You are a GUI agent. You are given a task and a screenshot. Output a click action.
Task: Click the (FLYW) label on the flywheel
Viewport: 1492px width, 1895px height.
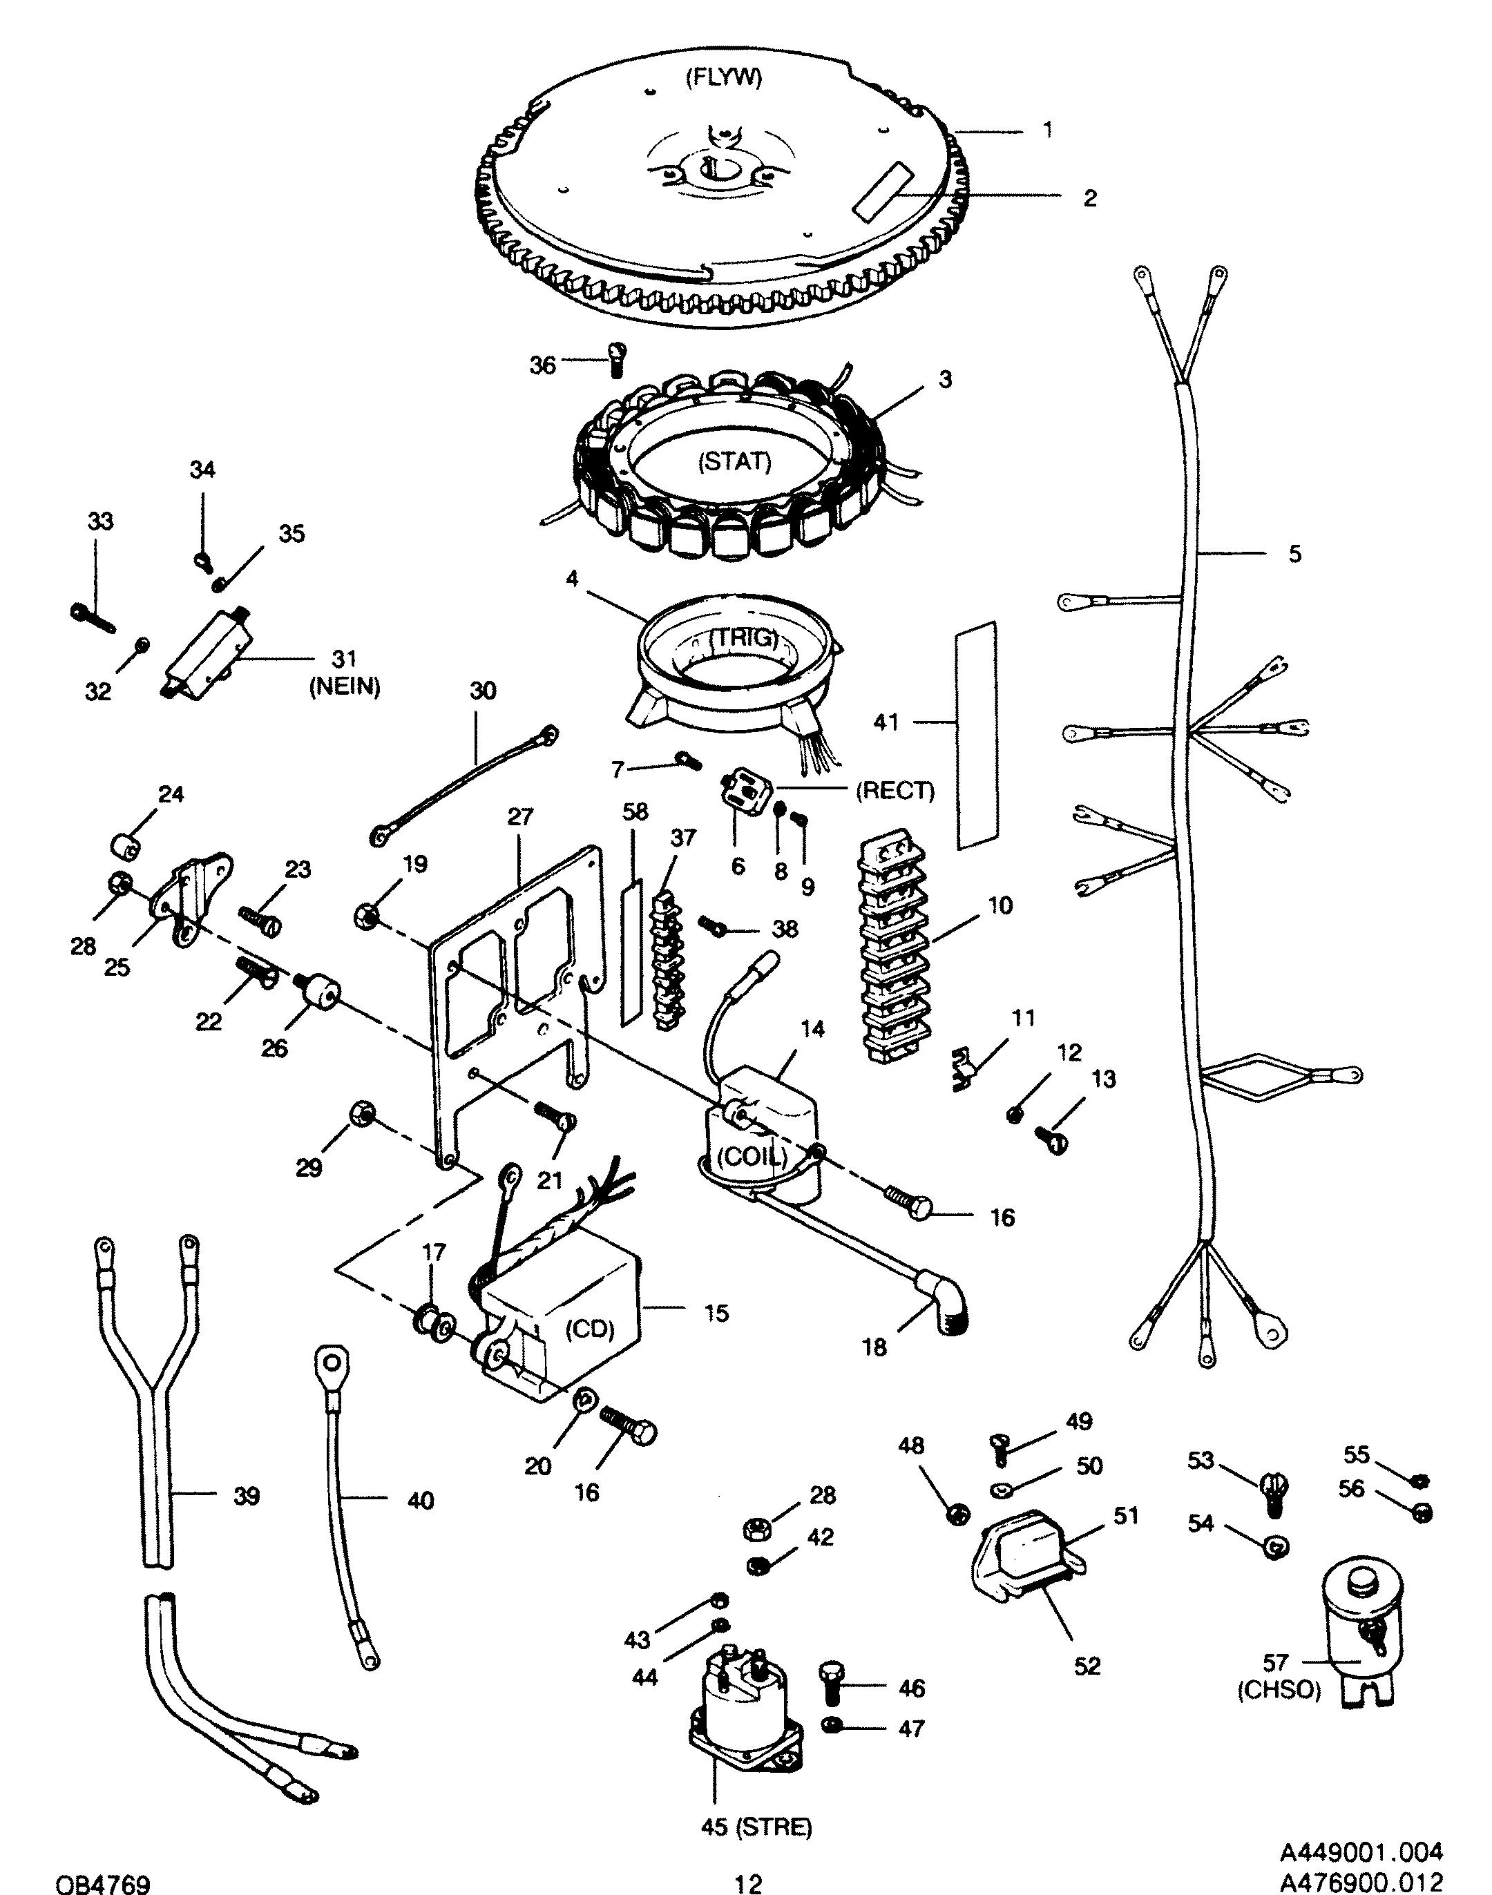pos(723,78)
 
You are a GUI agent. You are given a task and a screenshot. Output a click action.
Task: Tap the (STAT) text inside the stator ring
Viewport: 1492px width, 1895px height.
pos(735,461)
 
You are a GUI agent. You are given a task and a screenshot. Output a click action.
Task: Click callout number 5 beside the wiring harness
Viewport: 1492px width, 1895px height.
pos(1294,554)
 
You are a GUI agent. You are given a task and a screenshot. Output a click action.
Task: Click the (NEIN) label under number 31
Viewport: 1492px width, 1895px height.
pos(344,688)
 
